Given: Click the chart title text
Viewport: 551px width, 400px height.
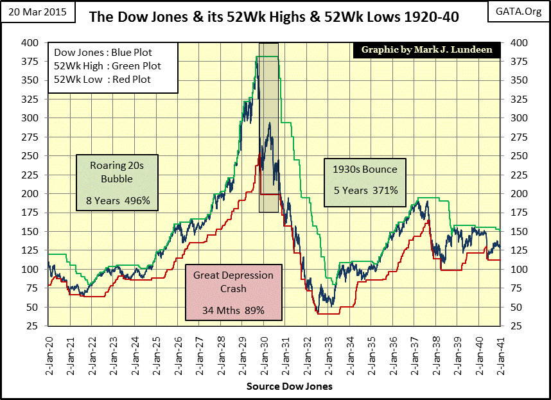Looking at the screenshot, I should [274, 17].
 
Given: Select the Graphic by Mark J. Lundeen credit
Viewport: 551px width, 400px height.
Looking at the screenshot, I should [424, 49].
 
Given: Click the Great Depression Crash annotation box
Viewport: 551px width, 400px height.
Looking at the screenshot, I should [233, 293].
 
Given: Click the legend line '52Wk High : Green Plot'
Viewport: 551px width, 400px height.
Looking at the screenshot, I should [107, 65].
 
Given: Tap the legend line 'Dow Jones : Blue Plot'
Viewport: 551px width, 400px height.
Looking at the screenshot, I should [103, 53].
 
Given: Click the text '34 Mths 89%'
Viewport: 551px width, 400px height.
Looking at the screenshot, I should [233, 311].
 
